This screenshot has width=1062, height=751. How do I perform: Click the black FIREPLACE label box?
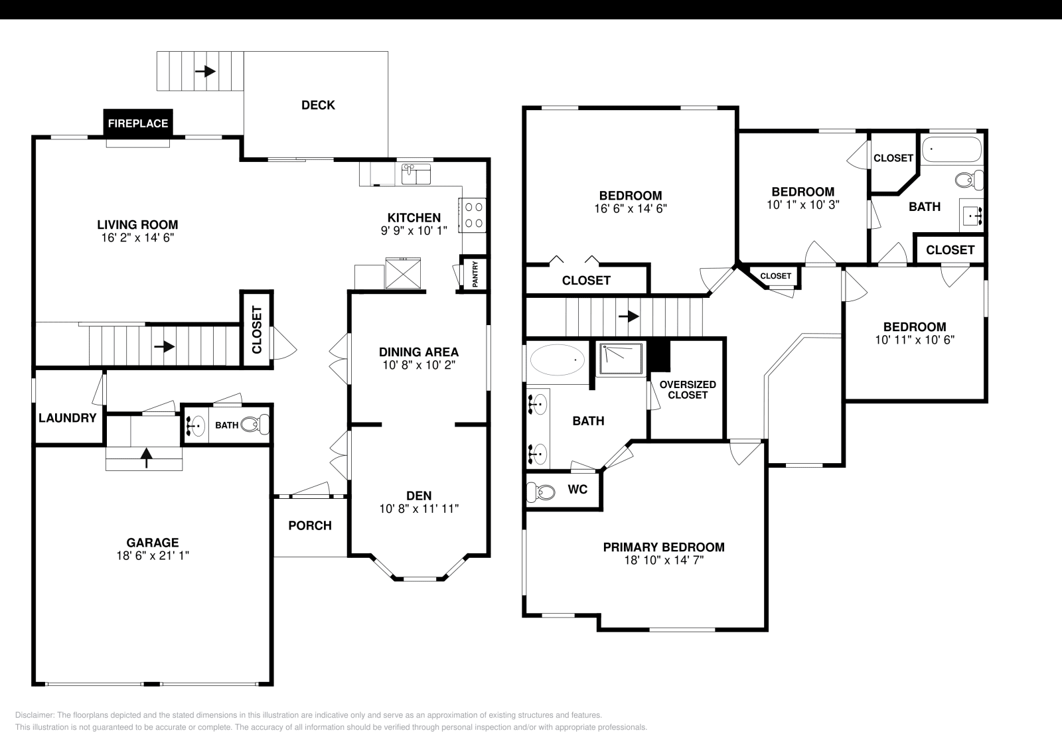pyautogui.click(x=138, y=123)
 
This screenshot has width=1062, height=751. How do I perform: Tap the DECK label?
pyautogui.click(x=318, y=105)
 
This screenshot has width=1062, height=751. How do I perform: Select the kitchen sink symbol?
pyautogui.click(x=416, y=174)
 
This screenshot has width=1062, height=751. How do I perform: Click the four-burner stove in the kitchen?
pyautogui.click(x=473, y=215)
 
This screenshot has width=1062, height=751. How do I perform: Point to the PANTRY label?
pyautogui.click(x=475, y=274)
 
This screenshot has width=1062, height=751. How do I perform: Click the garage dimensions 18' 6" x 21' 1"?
pyautogui.click(x=153, y=555)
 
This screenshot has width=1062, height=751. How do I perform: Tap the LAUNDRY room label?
pyautogui.click(x=67, y=418)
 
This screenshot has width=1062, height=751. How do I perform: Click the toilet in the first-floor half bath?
pyautogui.click(x=255, y=425)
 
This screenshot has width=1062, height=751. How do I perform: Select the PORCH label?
pyautogui.click(x=310, y=525)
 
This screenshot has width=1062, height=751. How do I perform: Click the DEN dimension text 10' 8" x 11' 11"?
pyautogui.click(x=419, y=509)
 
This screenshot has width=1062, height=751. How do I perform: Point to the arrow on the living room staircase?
pyautogui.click(x=165, y=346)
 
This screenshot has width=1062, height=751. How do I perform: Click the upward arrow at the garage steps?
pyautogui.click(x=147, y=454)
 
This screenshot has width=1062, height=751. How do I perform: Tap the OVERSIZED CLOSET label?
pyautogui.click(x=688, y=389)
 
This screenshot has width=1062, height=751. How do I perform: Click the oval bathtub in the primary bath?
pyautogui.click(x=558, y=361)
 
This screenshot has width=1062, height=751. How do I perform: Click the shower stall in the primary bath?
pyautogui.click(x=621, y=358)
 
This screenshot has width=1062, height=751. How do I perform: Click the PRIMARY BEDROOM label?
pyautogui.click(x=664, y=547)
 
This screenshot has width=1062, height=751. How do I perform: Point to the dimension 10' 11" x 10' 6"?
pyautogui.click(x=915, y=340)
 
